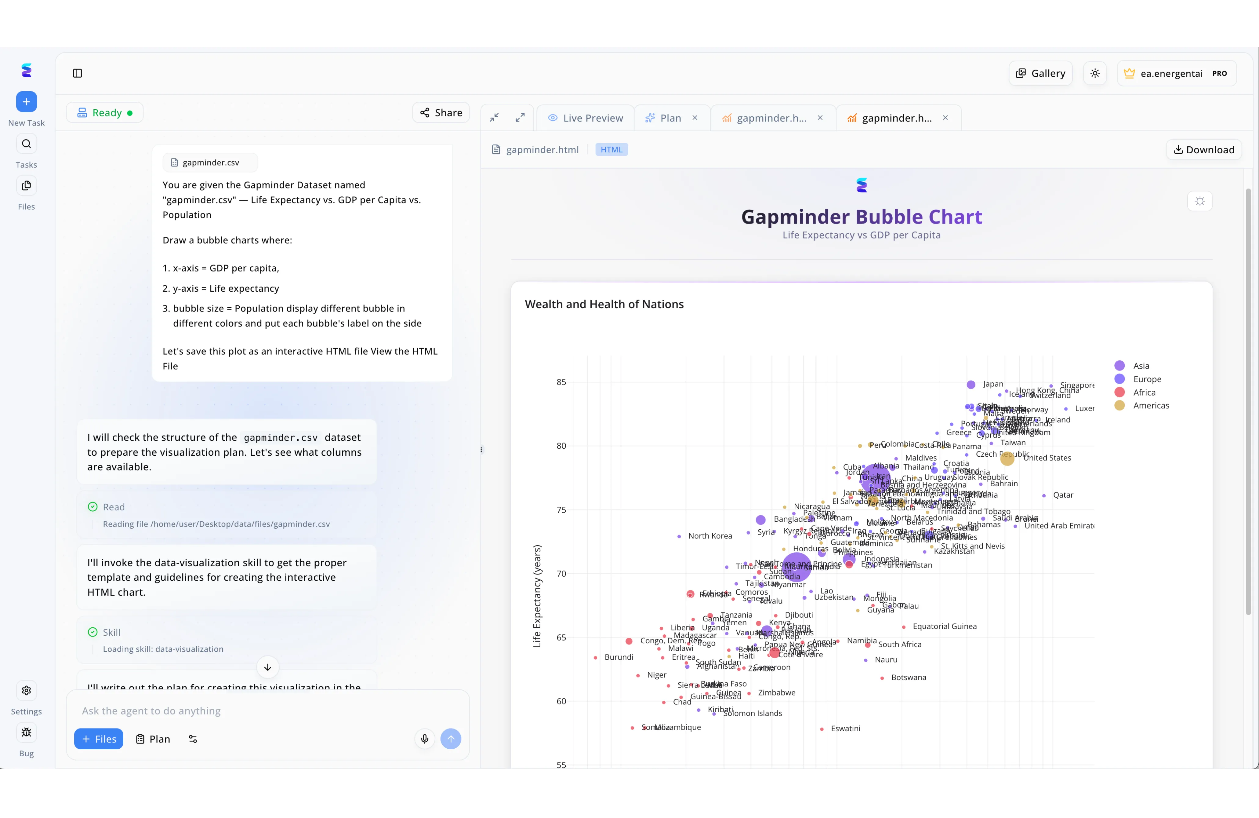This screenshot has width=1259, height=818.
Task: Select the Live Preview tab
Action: (x=586, y=118)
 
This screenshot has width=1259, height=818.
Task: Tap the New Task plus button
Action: (x=27, y=102)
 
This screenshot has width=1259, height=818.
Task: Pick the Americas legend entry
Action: (x=1151, y=406)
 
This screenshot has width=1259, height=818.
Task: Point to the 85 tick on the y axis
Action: (x=561, y=382)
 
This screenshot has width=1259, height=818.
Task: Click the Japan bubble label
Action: (x=993, y=384)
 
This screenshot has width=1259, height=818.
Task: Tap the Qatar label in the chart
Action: (x=1063, y=495)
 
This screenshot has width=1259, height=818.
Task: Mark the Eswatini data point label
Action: (x=845, y=729)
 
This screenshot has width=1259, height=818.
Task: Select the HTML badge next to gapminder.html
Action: (x=611, y=150)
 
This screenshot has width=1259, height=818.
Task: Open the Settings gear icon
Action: (x=27, y=690)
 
